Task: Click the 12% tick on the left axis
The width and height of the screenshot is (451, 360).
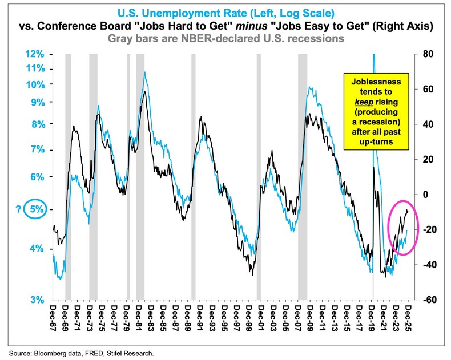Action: (35, 54)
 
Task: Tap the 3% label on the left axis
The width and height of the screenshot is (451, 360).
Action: (37, 300)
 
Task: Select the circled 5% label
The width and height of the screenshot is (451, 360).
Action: (36, 209)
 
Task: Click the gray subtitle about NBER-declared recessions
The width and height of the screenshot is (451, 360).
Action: (225, 39)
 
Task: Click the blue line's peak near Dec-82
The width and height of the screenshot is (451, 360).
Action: (145, 72)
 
